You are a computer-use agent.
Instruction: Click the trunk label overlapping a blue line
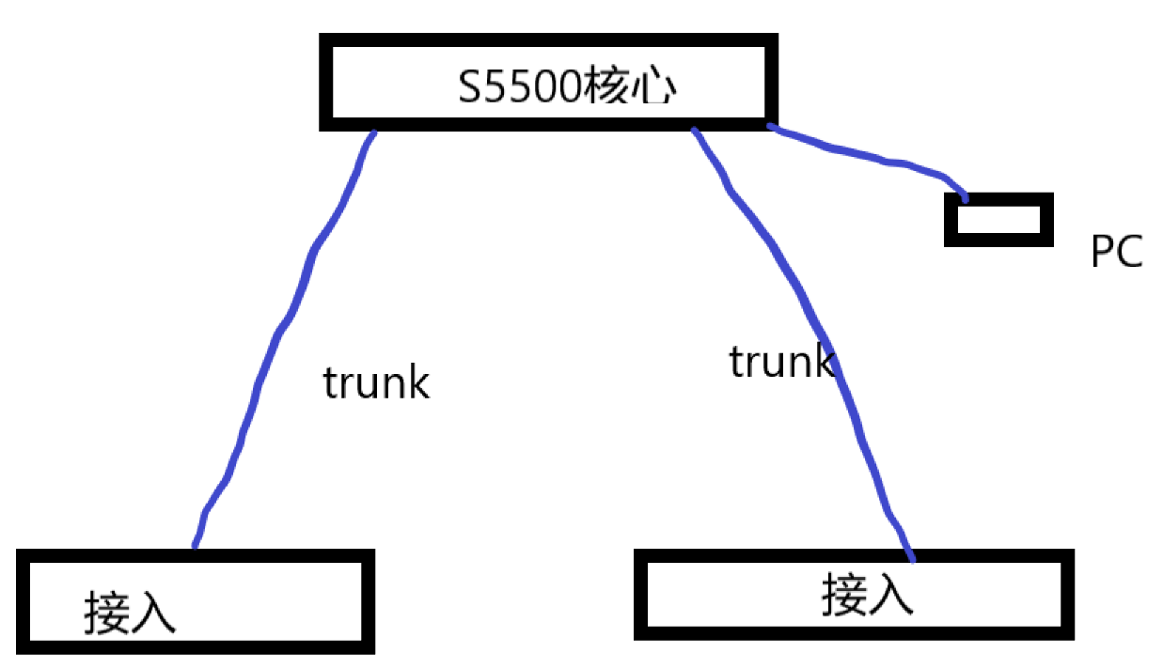(780, 362)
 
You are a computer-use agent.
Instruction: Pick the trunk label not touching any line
(376, 382)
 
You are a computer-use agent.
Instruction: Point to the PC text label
(1117, 253)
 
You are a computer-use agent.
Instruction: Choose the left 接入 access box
(196, 601)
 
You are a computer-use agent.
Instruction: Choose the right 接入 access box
(854, 594)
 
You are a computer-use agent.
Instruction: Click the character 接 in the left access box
(107, 612)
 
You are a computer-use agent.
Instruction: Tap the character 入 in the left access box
(153, 612)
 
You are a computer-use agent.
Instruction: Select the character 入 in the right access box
(890, 595)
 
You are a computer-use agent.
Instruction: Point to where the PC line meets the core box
(770, 125)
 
